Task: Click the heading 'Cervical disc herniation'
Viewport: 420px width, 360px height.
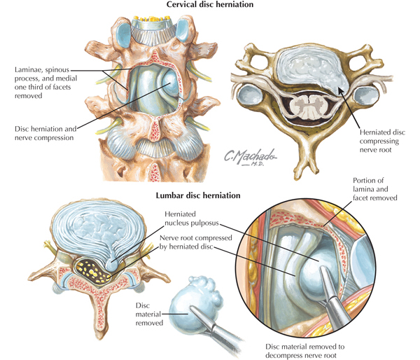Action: [x=210, y=5]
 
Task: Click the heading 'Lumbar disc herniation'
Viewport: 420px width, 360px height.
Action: [x=198, y=195]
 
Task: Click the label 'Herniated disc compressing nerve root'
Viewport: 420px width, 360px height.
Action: [x=382, y=141]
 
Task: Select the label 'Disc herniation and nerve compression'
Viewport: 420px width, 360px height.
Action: [x=45, y=133]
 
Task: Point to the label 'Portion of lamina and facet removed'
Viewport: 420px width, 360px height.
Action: [x=374, y=189]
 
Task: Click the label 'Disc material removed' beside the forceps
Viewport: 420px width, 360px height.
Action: [x=149, y=314]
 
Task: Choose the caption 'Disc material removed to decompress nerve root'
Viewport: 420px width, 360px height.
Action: [x=304, y=351]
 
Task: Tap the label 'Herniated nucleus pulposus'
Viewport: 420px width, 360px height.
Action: [x=192, y=219]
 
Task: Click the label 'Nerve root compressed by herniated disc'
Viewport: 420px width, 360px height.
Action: [x=195, y=242]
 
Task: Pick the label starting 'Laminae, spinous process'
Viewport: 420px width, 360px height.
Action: [x=45, y=83]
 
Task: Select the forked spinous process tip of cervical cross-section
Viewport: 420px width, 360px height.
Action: [x=306, y=169]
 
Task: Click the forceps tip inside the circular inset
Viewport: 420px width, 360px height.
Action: [x=322, y=268]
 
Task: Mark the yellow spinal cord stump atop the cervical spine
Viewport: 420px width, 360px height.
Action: [x=152, y=19]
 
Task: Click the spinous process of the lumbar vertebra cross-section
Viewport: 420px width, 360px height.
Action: [x=101, y=317]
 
